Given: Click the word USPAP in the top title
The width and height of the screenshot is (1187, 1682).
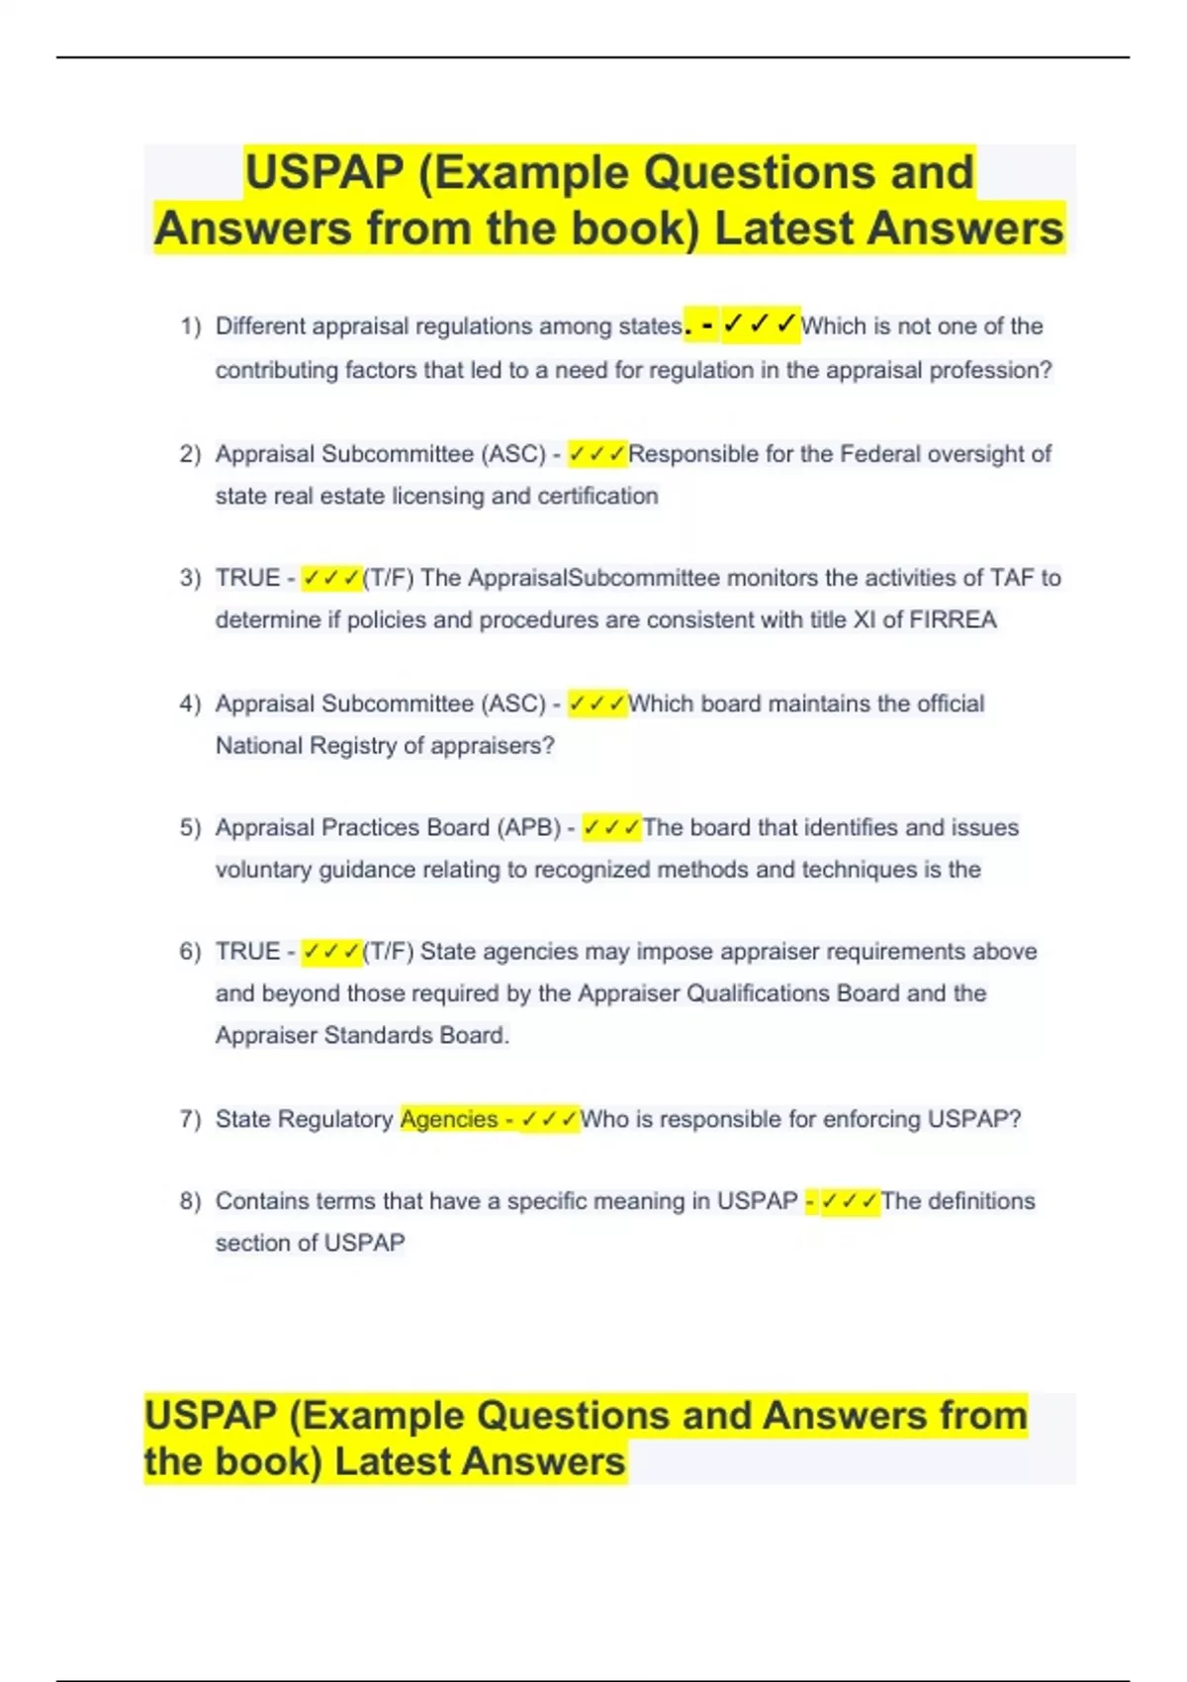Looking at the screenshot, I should pyautogui.click(x=324, y=172).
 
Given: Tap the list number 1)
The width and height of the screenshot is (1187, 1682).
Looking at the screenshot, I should pyautogui.click(x=190, y=327).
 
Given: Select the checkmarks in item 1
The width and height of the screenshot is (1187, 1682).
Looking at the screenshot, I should pyautogui.click(x=760, y=325).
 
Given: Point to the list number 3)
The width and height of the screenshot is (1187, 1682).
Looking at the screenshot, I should pyautogui.click(x=190, y=578).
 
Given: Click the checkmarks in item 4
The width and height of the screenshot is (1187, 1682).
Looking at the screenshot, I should pyautogui.click(x=597, y=704).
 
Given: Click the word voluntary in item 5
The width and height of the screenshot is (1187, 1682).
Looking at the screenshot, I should pyautogui.click(x=263, y=870).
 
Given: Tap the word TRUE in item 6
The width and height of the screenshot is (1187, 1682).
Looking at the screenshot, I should pyautogui.click(x=247, y=952).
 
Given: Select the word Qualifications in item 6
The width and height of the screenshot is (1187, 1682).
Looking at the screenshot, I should pyautogui.click(x=758, y=993).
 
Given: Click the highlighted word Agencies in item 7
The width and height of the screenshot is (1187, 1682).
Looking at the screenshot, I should pyautogui.click(x=448, y=1119).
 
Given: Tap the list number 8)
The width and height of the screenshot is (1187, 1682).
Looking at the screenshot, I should pyautogui.click(x=190, y=1201).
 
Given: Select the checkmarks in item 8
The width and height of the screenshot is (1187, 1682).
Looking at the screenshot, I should pyautogui.click(x=850, y=1201).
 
